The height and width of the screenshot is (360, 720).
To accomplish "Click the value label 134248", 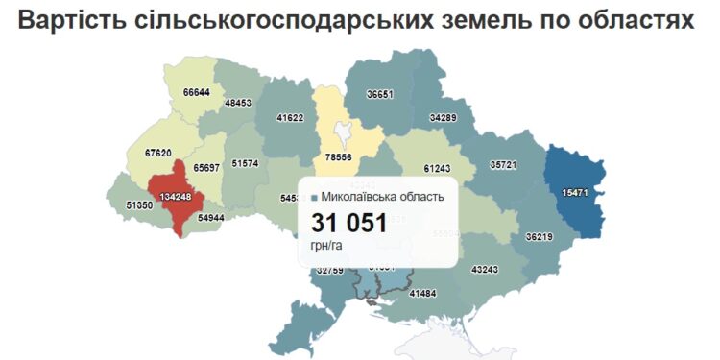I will tap(162, 197).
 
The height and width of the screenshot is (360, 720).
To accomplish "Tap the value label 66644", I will tap(196, 92).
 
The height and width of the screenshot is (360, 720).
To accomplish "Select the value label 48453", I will tap(237, 103).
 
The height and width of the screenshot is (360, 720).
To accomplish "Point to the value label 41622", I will tap(290, 118).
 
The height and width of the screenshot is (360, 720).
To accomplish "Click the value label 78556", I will tap(339, 157).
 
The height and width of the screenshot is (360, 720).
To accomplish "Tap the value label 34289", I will tap(444, 117).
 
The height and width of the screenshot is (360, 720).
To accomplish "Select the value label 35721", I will tap(503, 165).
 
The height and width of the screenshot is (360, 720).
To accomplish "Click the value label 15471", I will tap(575, 192).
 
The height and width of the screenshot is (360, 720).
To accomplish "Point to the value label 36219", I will tap(540, 236).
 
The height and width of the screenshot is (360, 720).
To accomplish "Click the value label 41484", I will tap(422, 293).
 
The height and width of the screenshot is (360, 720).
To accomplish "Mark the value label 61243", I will tap(437, 168).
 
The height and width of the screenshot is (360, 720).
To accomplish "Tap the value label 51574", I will tap(246, 163).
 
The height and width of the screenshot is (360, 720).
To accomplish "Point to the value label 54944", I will tap(211, 218).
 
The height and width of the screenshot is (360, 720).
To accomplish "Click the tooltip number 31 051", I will tap(348, 224).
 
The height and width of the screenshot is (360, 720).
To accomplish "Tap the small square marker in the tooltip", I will tap(314, 198).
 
